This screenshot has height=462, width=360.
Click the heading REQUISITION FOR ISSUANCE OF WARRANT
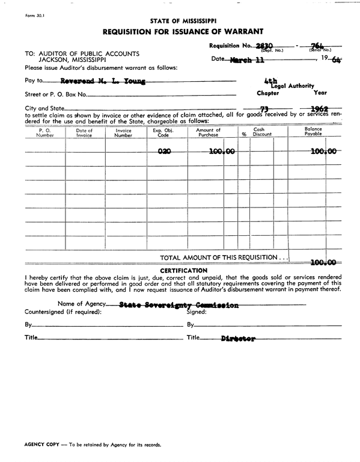182,31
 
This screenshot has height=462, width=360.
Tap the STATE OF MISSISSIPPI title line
182,20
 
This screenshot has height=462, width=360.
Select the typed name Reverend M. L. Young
103,80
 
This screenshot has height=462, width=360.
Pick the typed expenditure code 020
164,152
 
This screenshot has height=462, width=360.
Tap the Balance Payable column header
313,132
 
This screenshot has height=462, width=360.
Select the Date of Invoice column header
84,132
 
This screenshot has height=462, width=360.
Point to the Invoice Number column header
123,132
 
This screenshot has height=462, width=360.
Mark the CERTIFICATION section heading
183,270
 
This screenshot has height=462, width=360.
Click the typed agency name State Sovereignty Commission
179,306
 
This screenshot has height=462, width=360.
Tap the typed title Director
238,339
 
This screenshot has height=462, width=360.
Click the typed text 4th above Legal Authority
270,79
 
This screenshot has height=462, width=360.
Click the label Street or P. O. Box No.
56,94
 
